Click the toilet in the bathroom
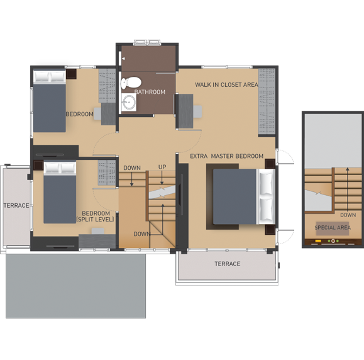tap(131, 82)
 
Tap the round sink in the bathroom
tap(129, 102)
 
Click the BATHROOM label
tap(150, 92)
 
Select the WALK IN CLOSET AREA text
tap(226, 84)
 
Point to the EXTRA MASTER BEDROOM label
tap(226, 156)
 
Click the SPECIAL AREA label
tap(333, 228)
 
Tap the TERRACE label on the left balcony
tap(16, 205)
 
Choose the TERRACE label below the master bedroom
tap(228, 264)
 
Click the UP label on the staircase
tap(162, 167)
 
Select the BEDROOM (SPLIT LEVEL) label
tap(96, 217)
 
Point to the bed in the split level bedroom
tap(60, 193)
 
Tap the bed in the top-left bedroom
tap(50, 101)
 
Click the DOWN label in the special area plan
tap(348, 215)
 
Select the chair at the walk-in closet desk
tap(197, 111)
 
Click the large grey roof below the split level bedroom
tap(75, 286)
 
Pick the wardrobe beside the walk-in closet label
tap(267, 101)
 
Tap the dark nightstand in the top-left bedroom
tap(71, 74)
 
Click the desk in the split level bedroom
tap(97, 241)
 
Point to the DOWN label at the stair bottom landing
tap(142, 234)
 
